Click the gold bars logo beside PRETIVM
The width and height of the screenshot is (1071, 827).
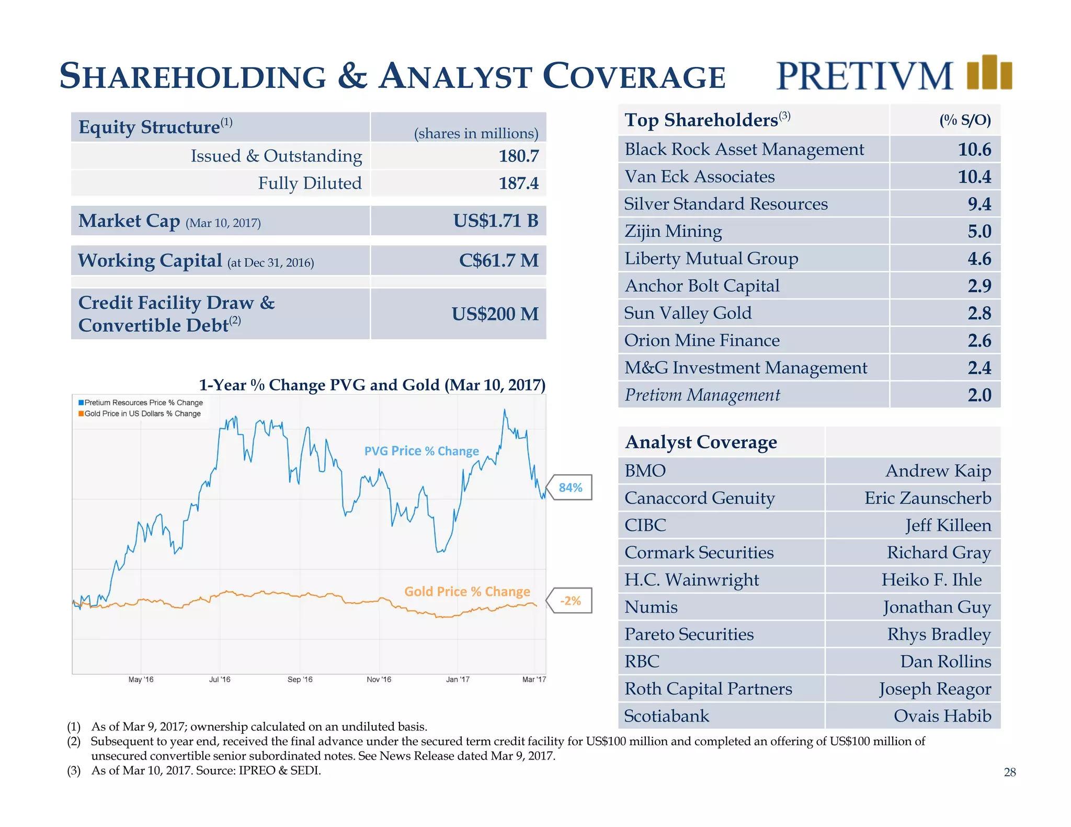click(989, 73)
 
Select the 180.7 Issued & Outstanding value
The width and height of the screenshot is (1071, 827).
click(518, 156)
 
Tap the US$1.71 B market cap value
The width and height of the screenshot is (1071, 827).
click(495, 221)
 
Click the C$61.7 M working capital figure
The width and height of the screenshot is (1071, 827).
click(498, 260)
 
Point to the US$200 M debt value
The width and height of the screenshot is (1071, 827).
click(495, 314)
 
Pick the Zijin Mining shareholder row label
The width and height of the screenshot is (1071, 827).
click(673, 232)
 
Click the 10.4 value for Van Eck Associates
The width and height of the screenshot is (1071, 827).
click(974, 177)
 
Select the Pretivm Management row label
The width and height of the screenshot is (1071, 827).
click(702, 395)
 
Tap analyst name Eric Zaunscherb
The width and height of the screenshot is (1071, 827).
click(927, 498)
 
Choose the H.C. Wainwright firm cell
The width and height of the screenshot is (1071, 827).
click(691, 580)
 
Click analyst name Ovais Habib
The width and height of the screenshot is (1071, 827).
click(942, 716)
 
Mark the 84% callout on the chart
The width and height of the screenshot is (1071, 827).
click(571, 488)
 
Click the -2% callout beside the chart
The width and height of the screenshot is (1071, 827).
click(571, 601)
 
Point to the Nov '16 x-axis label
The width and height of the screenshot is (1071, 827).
click(379, 680)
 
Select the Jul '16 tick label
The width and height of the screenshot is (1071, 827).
click(220, 680)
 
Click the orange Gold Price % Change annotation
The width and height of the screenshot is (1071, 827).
click(467, 592)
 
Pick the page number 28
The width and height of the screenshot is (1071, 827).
click(1009, 772)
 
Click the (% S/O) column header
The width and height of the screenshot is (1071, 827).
click(965, 121)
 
